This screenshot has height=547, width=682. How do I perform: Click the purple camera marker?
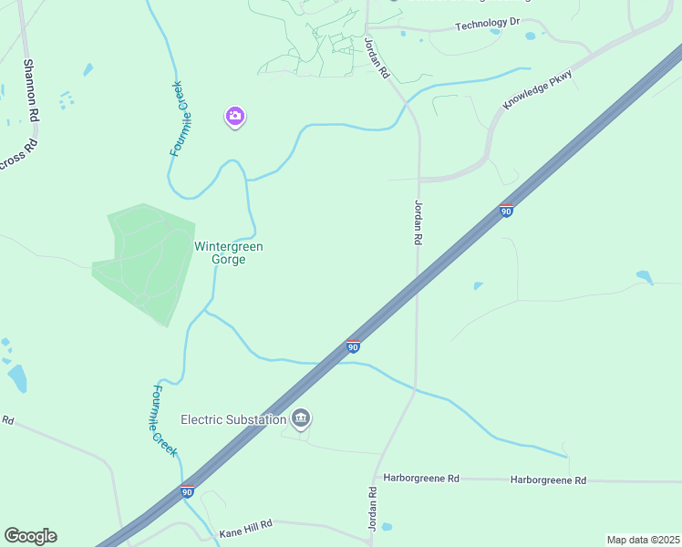[x=235, y=116]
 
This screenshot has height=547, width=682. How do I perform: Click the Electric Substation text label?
[x=233, y=419]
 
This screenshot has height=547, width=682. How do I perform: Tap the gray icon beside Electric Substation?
[x=301, y=418]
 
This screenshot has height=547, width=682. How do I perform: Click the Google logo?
[x=30, y=536]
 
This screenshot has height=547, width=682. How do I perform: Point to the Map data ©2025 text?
[x=643, y=540]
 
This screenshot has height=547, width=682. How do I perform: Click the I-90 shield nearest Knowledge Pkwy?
[x=506, y=211]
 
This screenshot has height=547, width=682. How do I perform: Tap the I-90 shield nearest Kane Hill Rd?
[x=187, y=491]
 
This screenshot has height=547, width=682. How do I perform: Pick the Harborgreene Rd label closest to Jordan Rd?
[x=421, y=478]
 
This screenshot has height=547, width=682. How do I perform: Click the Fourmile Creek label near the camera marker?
[x=180, y=119]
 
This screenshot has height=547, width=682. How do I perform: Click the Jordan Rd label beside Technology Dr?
[x=377, y=57]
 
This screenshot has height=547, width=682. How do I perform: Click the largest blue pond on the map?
[x=17, y=377]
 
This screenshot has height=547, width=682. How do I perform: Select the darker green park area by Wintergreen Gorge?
[x=144, y=263]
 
